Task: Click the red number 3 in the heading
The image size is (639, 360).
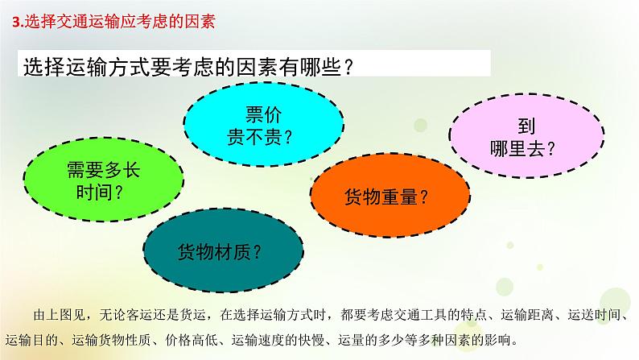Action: click(16, 22)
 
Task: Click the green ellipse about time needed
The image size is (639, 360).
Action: click(104, 180)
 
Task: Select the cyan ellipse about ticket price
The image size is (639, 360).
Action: click(263, 124)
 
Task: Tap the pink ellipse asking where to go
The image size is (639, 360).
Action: click(526, 136)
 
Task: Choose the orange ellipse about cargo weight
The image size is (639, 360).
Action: click(390, 195)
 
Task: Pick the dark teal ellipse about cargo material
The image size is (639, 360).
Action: click(223, 250)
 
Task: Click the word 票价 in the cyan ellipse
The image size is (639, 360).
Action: click(263, 114)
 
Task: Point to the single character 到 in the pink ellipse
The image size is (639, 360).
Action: click(526, 126)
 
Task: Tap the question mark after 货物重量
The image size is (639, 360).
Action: click(424, 197)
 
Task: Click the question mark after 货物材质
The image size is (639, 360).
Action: click(258, 252)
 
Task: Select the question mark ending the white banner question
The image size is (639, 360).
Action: click(348, 67)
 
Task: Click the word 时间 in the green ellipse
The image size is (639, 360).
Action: click(94, 192)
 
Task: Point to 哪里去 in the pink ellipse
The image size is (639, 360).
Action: click(517, 148)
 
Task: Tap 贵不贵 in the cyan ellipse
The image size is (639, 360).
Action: click(254, 137)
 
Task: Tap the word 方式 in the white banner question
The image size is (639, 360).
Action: click(130, 67)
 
